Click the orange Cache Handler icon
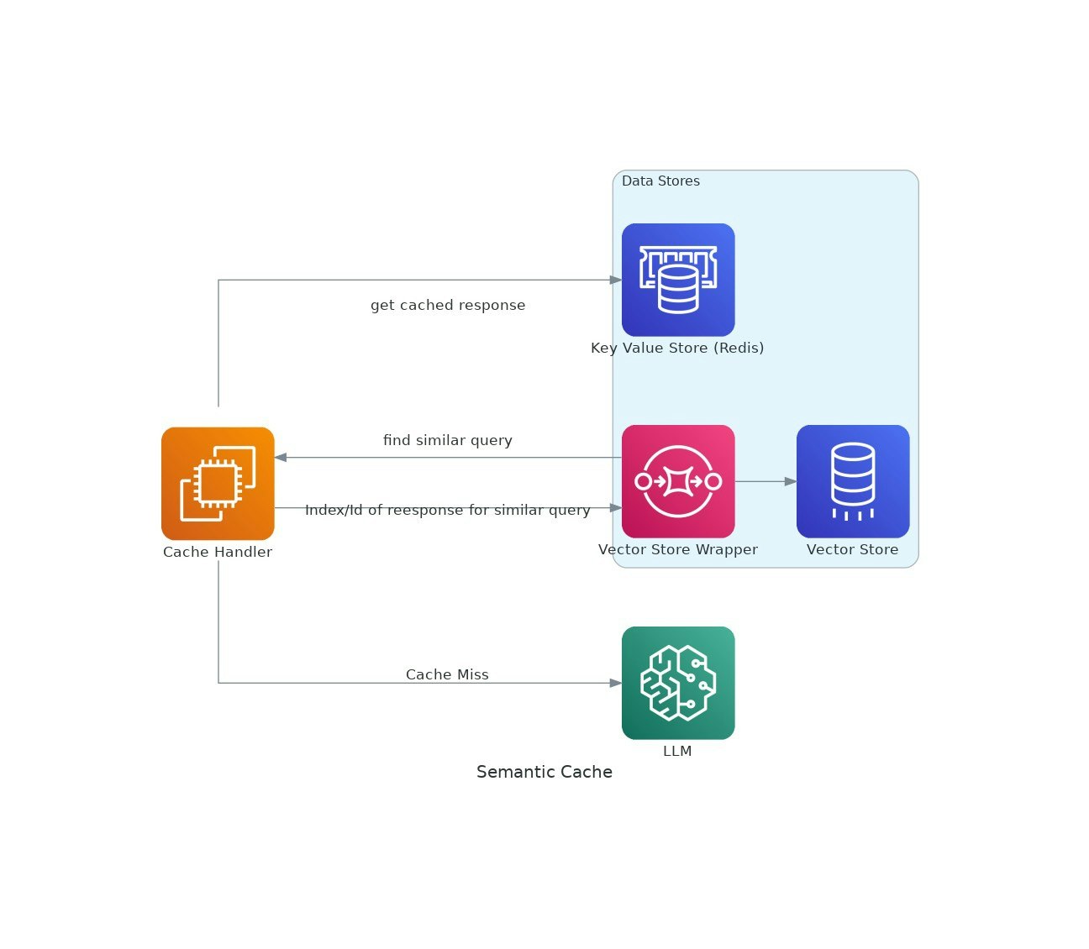coord(218,483)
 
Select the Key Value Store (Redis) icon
coord(678,280)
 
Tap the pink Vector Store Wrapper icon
coord(678,481)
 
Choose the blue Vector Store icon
coord(853,481)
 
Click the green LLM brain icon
coord(678,683)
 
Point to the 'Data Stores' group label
coord(660,181)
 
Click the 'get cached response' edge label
coord(448,306)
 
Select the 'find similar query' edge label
coord(448,441)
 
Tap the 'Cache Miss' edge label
coord(447,675)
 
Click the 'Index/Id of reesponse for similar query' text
coord(448,511)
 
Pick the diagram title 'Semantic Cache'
coord(544,773)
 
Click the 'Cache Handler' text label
coord(218,553)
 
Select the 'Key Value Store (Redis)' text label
coord(677,349)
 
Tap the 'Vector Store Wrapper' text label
coord(678,550)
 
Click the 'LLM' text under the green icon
coord(677,752)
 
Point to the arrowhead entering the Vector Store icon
coord(790,481)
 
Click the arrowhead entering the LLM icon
coord(616,683)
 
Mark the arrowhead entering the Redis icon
coord(616,280)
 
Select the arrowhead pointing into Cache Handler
coord(281,458)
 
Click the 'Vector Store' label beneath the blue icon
coord(852,550)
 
